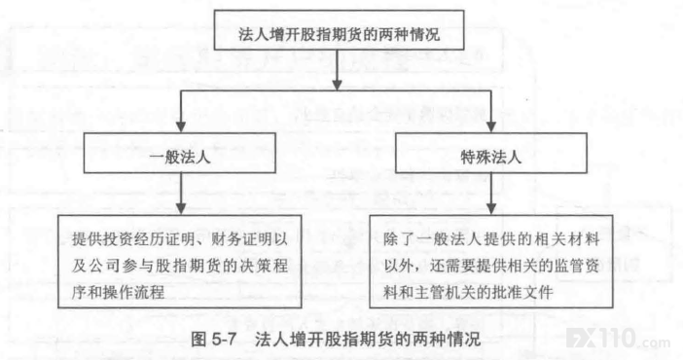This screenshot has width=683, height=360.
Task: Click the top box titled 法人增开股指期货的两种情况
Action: (339, 30)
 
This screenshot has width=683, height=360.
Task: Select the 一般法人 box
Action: (179, 153)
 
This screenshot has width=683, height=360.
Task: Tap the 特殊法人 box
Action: (491, 153)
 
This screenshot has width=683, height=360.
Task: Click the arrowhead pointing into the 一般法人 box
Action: (181, 126)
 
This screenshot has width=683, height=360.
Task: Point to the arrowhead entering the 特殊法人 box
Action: (491, 126)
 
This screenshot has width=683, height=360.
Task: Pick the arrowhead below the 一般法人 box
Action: (181, 208)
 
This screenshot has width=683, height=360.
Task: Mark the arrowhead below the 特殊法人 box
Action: (491, 208)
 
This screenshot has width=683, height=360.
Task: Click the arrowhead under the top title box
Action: (337, 85)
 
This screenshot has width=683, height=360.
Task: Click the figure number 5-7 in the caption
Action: (224, 339)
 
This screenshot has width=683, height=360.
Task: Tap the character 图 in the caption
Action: (198, 339)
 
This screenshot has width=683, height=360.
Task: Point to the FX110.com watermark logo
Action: (618, 339)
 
